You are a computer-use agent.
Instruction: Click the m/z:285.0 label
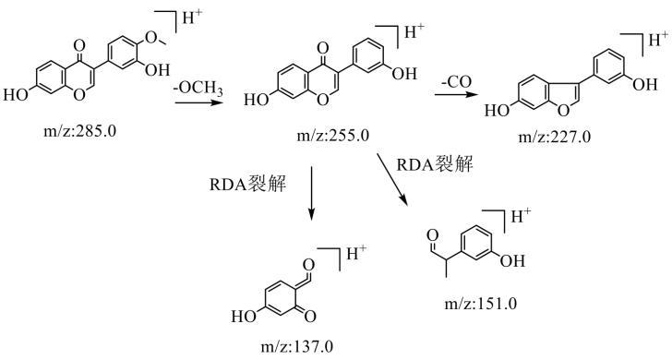click(x=79, y=131)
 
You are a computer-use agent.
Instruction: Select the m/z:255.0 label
click(x=332, y=136)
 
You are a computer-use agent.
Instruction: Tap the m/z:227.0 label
click(x=554, y=137)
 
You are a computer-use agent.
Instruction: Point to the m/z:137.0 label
click(x=296, y=346)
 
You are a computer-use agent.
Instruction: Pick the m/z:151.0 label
click(x=480, y=304)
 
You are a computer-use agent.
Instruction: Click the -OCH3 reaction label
click(x=198, y=89)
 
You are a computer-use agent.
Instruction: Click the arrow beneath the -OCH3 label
click(x=198, y=102)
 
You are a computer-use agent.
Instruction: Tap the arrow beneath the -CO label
click(x=456, y=94)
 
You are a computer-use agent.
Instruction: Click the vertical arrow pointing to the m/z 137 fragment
click(x=312, y=192)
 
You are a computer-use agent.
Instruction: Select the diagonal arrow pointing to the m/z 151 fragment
click(x=392, y=180)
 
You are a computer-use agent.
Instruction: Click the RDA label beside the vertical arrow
click(x=247, y=184)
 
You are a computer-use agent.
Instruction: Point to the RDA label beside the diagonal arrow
click(x=435, y=163)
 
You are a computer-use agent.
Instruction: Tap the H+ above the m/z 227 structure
click(x=659, y=40)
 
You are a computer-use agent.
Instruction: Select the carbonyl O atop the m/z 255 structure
click(x=324, y=46)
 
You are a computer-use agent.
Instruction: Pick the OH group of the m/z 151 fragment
click(x=512, y=260)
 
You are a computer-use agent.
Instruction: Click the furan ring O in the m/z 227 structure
click(x=564, y=110)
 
